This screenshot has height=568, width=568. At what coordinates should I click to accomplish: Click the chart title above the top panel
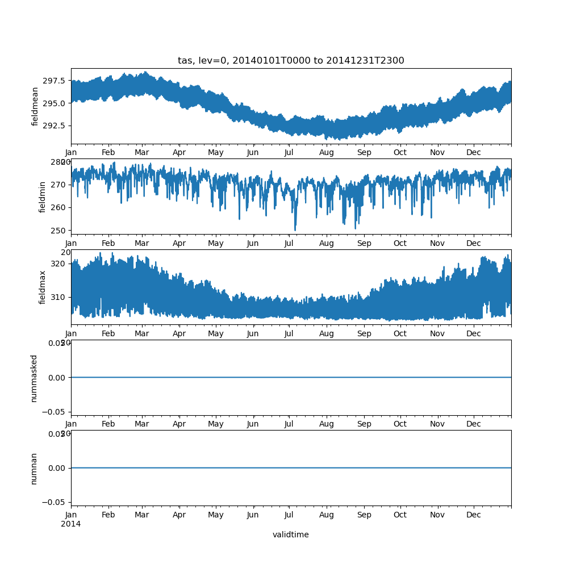coord(291,61)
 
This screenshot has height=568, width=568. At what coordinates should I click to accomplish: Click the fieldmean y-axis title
coord(35,106)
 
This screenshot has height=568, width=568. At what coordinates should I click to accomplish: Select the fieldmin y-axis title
coord(43,197)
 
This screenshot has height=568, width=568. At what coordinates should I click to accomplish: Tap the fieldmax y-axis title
coord(43,287)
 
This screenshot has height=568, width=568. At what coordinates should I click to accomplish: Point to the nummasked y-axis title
coord(34,378)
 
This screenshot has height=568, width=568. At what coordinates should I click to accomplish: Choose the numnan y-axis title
coord(34,468)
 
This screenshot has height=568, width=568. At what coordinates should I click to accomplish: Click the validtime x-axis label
coord(291,534)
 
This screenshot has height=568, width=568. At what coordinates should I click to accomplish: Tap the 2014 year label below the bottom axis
coord(71,524)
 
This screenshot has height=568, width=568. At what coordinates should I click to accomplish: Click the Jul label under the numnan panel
coord(289,515)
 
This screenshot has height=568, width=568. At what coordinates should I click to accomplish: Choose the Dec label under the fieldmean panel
coord(474,153)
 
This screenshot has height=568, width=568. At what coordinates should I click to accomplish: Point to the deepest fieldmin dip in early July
coord(295,229)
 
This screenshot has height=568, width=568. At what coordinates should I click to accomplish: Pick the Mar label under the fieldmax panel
coord(142,334)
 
